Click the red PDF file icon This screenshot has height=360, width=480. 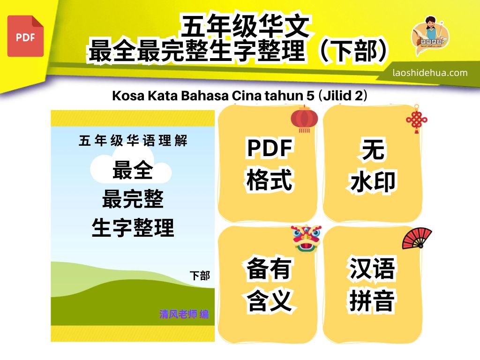[25, 36]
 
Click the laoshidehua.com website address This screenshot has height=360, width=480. [430, 73]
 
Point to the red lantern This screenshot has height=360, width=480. [304, 119]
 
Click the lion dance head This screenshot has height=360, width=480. [306, 238]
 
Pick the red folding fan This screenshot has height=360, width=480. [417, 238]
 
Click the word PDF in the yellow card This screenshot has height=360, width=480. [270, 148]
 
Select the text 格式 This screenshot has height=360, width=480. [270, 180]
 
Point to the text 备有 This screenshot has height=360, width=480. [269, 268]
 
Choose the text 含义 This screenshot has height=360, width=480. [269, 300]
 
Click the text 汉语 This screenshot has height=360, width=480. [372, 268]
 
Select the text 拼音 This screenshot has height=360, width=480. [372, 300]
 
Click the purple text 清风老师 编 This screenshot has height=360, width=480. [184, 314]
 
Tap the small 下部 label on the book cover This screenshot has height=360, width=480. [200, 276]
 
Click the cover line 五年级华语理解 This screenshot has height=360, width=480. [133, 141]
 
